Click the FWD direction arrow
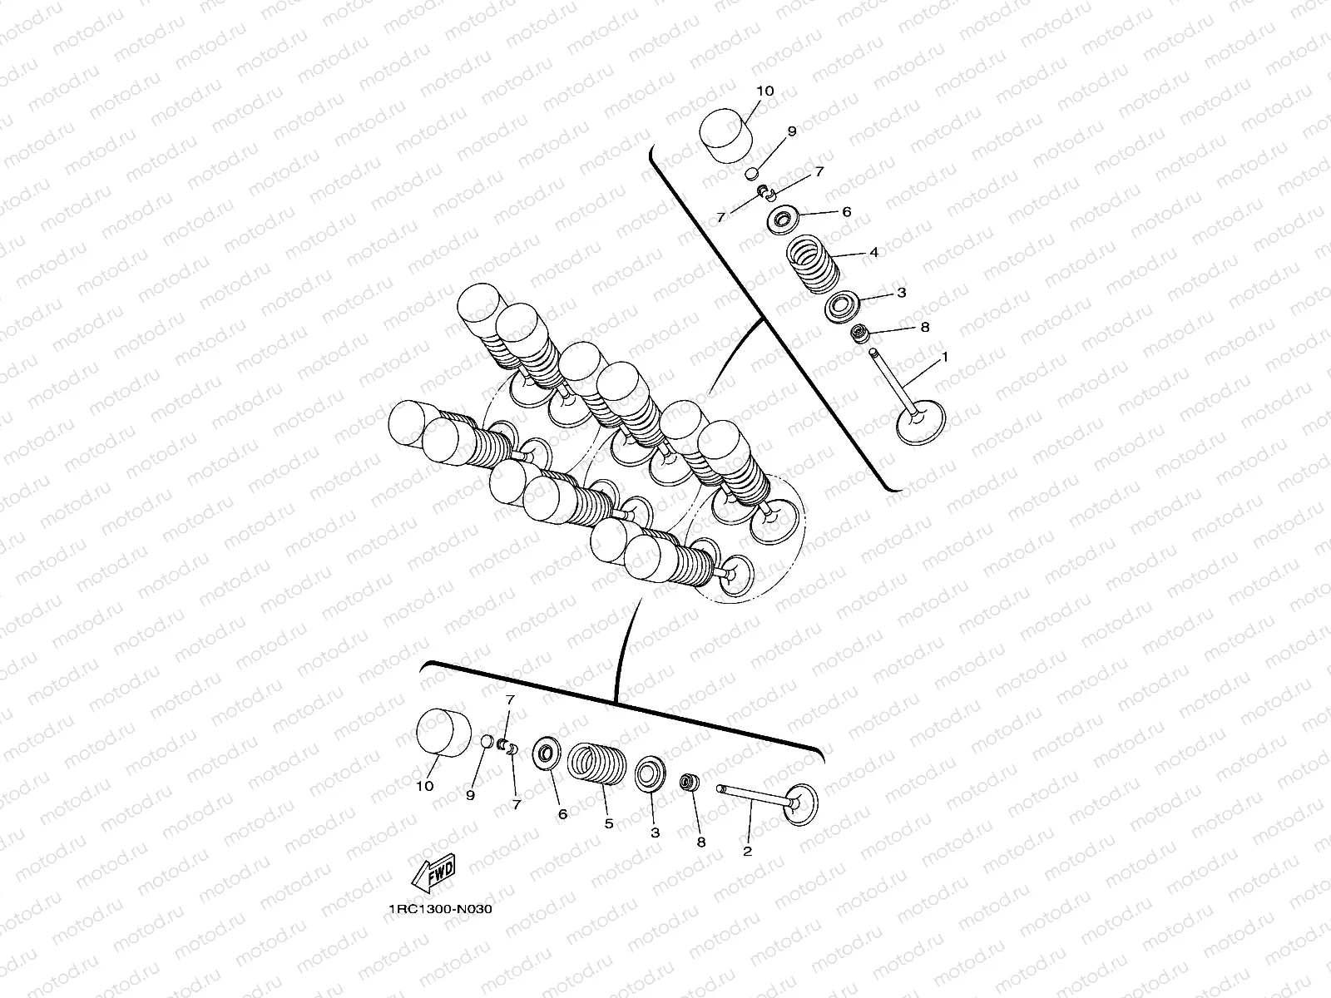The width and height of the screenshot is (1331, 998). coord(433,873)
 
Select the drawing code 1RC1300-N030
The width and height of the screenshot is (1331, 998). coord(441,909)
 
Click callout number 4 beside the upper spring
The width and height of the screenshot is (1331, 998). coord(873,252)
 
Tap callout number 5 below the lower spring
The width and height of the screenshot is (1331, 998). coord(609,823)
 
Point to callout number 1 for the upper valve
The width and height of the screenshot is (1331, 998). coord(944,358)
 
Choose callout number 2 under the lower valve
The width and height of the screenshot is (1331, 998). coord(747,851)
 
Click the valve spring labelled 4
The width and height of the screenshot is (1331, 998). coord(813,264)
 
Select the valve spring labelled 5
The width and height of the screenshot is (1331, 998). coord(596,763)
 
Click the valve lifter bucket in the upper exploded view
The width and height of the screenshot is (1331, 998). coord(726,136)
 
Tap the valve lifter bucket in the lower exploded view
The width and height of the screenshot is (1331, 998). coord(444,734)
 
